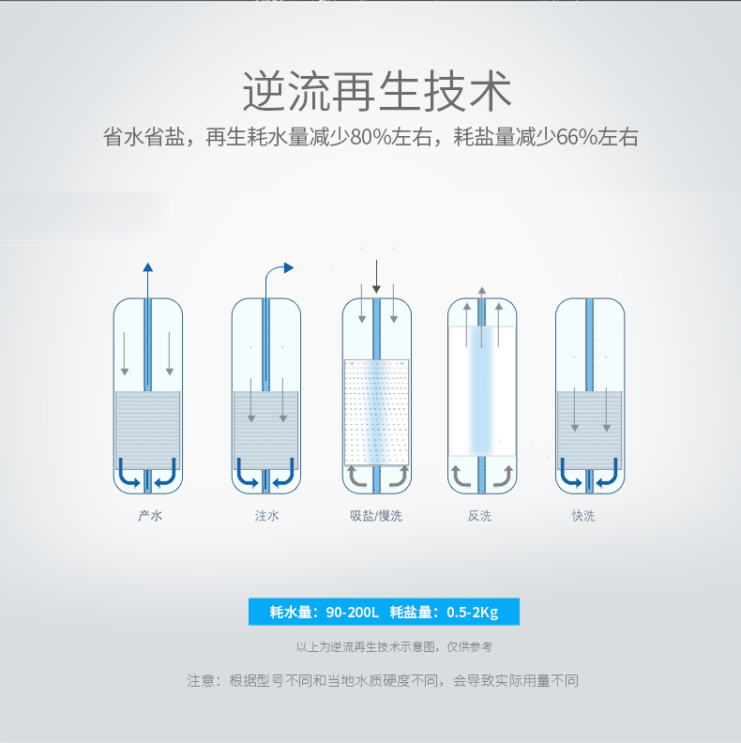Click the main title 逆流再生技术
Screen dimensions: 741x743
coord(377,91)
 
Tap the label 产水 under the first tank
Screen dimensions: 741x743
coord(150,516)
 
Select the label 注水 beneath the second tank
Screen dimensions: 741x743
coord(266,516)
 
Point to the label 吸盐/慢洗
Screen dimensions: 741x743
coord(376,516)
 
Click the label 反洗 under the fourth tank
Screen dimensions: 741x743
coord(479,516)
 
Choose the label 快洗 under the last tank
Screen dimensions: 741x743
coord(583,516)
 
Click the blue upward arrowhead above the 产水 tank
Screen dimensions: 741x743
coord(148,267)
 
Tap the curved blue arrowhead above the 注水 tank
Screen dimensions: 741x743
coord(289,268)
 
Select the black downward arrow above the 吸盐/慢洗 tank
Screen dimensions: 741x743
coord(376,277)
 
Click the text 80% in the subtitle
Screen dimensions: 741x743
coord(370,137)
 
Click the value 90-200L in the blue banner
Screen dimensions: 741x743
coord(353,613)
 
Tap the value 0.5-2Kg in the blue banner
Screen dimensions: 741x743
coord(473,613)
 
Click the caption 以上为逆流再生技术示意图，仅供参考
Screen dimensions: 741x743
coord(394,646)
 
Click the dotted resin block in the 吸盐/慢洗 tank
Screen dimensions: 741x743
coord(376,412)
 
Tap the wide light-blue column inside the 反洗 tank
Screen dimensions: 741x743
coord(482,389)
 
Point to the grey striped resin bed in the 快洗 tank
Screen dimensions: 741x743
coord(590,431)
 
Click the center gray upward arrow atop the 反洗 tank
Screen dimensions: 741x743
coord(482,316)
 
